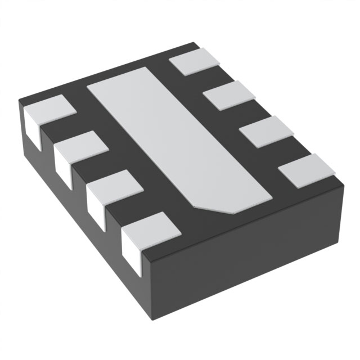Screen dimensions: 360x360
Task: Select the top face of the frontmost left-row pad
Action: (148, 229)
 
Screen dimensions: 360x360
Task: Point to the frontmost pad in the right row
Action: (307, 169)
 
